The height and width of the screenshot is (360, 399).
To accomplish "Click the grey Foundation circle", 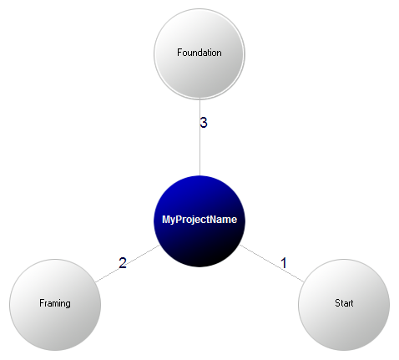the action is [x=199, y=53].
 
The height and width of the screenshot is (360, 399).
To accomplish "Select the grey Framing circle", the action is [x=55, y=305].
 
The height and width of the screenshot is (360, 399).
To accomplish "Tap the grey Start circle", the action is [x=344, y=305].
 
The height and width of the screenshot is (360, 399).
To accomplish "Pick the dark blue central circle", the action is [x=199, y=221].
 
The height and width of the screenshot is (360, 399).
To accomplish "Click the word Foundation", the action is [x=199, y=53].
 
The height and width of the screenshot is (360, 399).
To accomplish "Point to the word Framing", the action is [x=55, y=303].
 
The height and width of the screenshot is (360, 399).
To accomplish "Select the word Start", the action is [x=344, y=303].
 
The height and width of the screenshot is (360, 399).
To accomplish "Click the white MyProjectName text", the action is [x=199, y=220].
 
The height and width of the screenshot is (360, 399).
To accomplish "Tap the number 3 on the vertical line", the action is [x=204, y=123].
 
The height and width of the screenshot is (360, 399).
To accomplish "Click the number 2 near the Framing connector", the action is [x=123, y=263].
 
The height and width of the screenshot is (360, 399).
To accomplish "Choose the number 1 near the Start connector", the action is [x=284, y=263].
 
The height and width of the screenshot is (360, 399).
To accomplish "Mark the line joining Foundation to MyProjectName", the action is [x=199, y=137].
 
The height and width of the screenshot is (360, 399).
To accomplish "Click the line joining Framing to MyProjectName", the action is [x=128, y=264].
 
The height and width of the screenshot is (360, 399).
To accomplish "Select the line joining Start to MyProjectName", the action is [x=272, y=263].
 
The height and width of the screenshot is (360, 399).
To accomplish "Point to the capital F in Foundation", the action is [x=180, y=53].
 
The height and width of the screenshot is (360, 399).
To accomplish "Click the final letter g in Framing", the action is [x=68, y=305].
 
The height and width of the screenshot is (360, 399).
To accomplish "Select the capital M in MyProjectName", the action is [x=166, y=220].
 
